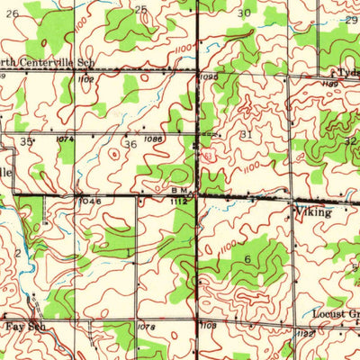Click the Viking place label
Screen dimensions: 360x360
tap(313, 213)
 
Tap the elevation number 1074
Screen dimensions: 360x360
tap(65, 139)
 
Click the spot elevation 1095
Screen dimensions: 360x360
tap(207, 77)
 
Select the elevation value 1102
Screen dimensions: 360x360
tap(87, 79)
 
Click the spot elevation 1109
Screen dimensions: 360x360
tap(208, 325)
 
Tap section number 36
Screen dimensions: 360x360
tap(130, 145)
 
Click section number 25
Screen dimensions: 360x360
tap(139, 10)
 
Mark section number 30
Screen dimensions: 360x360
tap(244, 13)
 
